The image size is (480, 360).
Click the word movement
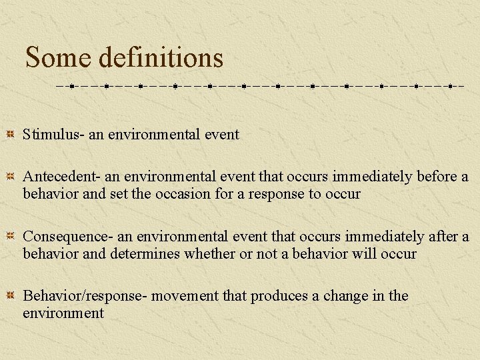tap(184, 296)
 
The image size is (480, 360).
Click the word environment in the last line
tap(63, 313)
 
